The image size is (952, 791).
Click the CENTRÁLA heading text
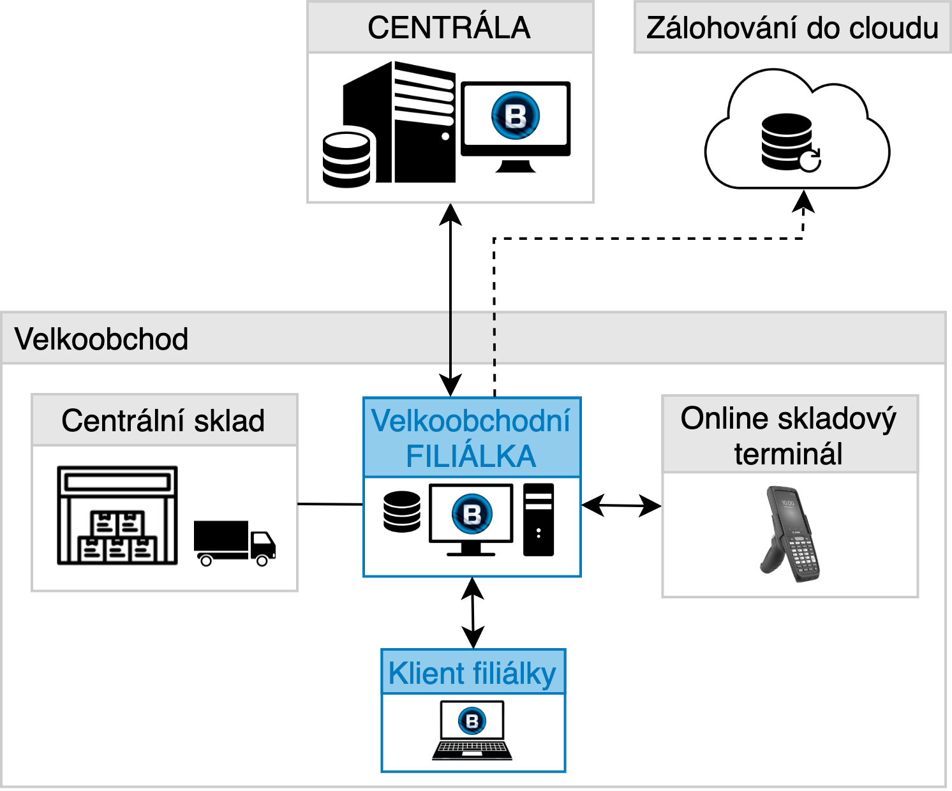pos(449,27)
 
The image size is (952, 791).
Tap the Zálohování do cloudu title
pos(792,28)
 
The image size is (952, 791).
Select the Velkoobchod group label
pos(101,339)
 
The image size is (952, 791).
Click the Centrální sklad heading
pos(163,420)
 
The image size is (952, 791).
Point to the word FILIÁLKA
pos(471,456)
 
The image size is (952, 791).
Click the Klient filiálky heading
pos(472,674)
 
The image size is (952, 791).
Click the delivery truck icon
pos(235,543)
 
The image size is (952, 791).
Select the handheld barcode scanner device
pos(791,534)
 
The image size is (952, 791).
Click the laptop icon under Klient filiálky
pos(472,730)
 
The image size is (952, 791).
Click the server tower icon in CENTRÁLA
pos(399,122)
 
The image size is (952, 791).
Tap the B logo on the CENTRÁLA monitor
pos(516,115)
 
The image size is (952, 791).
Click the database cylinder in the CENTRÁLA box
pos(346,159)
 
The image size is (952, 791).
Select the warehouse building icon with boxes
pos(117,515)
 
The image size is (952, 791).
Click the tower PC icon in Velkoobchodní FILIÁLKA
pos(539,520)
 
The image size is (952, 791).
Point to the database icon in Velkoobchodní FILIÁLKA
pos(402,512)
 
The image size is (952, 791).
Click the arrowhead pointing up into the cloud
pos(803,202)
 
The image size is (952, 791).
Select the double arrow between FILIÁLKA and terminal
pos(621,505)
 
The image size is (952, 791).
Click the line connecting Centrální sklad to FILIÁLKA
pos(330,504)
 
